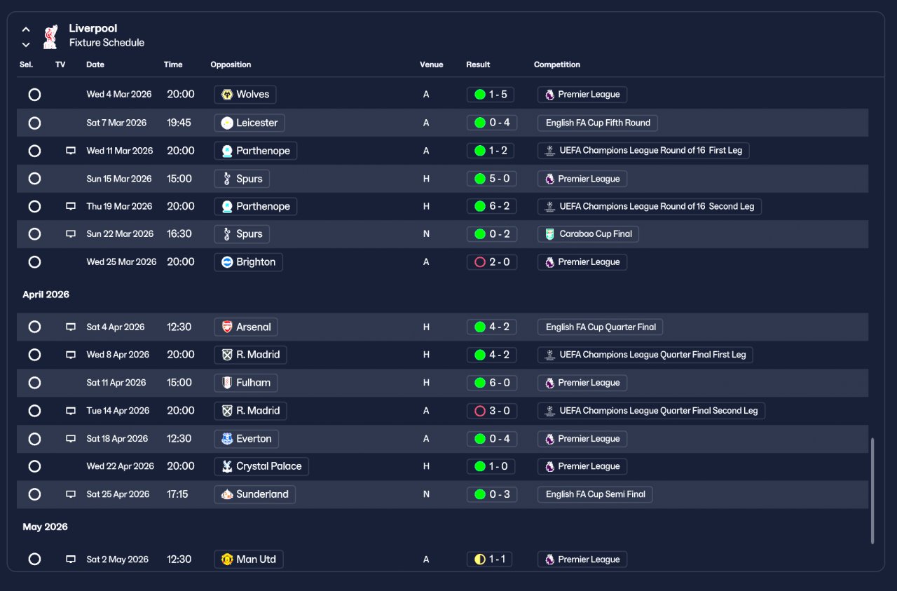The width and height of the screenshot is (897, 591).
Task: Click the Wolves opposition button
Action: [245, 95]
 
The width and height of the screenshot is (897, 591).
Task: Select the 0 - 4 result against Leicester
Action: [492, 123]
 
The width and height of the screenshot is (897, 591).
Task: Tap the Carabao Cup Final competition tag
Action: [588, 234]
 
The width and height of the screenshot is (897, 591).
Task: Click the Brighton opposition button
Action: [248, 262]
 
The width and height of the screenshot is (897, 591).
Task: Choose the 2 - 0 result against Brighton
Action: [492, 262]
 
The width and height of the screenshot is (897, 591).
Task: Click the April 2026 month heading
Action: [46, 294]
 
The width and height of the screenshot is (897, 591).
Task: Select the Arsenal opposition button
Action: [246, 327]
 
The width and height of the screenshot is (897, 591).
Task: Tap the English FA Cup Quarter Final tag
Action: [600, 327]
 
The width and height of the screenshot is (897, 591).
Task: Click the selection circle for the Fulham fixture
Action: [34, 383]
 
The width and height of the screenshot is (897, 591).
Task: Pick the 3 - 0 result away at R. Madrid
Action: [492, 411]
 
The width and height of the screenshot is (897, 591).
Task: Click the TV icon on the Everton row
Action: [71, 438]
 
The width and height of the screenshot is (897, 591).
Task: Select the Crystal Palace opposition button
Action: [261, 466]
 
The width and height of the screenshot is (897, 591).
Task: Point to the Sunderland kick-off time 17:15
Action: [177, 494]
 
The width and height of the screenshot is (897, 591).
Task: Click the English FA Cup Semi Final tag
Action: [595, 494]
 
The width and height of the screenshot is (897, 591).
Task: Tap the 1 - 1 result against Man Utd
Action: [489, 559]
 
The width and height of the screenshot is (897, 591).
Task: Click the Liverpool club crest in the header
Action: [50, 36]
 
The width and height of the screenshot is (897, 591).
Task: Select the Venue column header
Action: [431, 64]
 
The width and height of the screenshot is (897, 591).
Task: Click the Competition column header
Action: [556, 64]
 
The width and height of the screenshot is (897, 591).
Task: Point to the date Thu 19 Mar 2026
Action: [119, 206]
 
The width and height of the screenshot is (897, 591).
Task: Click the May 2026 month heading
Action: [46, 527]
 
